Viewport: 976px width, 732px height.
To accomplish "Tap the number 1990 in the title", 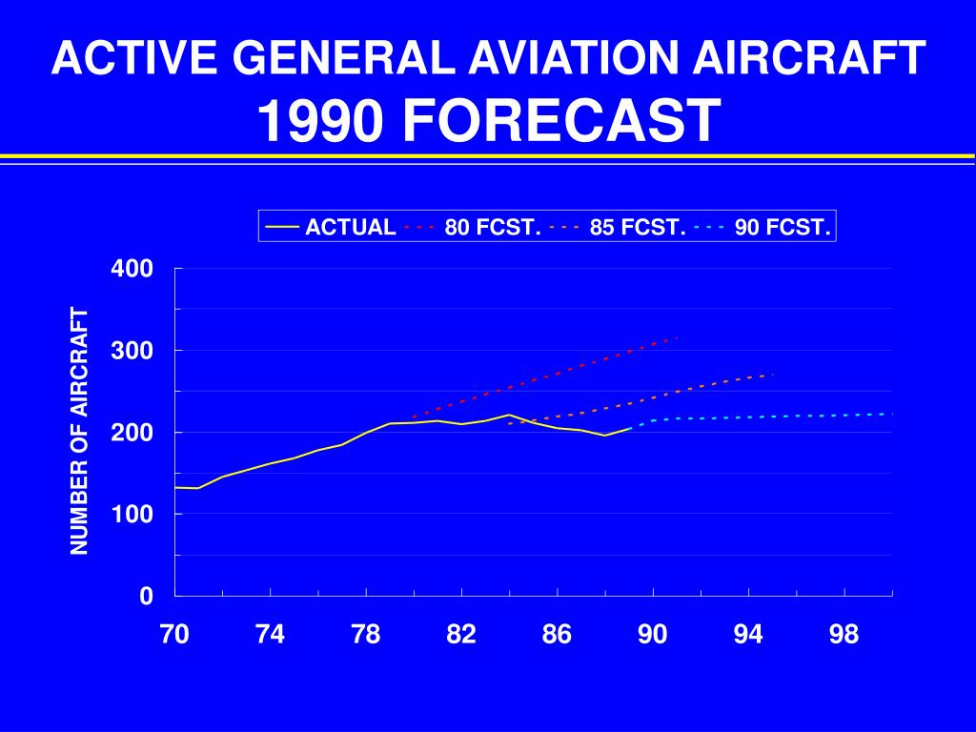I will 320,122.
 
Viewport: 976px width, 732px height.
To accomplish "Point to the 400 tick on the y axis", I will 132,269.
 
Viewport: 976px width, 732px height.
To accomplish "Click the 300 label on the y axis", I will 132,351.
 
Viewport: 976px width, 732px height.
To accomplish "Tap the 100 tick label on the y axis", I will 132,515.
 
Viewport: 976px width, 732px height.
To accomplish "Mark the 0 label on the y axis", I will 146,597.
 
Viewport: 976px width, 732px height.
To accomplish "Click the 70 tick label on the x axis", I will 174,635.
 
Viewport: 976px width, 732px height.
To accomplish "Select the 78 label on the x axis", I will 366,635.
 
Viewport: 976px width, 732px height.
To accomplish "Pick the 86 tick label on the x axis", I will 558,635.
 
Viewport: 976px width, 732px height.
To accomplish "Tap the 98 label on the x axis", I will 844,635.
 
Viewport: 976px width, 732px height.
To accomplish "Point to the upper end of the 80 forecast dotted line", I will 677,337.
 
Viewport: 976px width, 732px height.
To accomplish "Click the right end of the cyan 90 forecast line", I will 892,414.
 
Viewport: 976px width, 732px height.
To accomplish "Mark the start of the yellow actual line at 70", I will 176,487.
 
